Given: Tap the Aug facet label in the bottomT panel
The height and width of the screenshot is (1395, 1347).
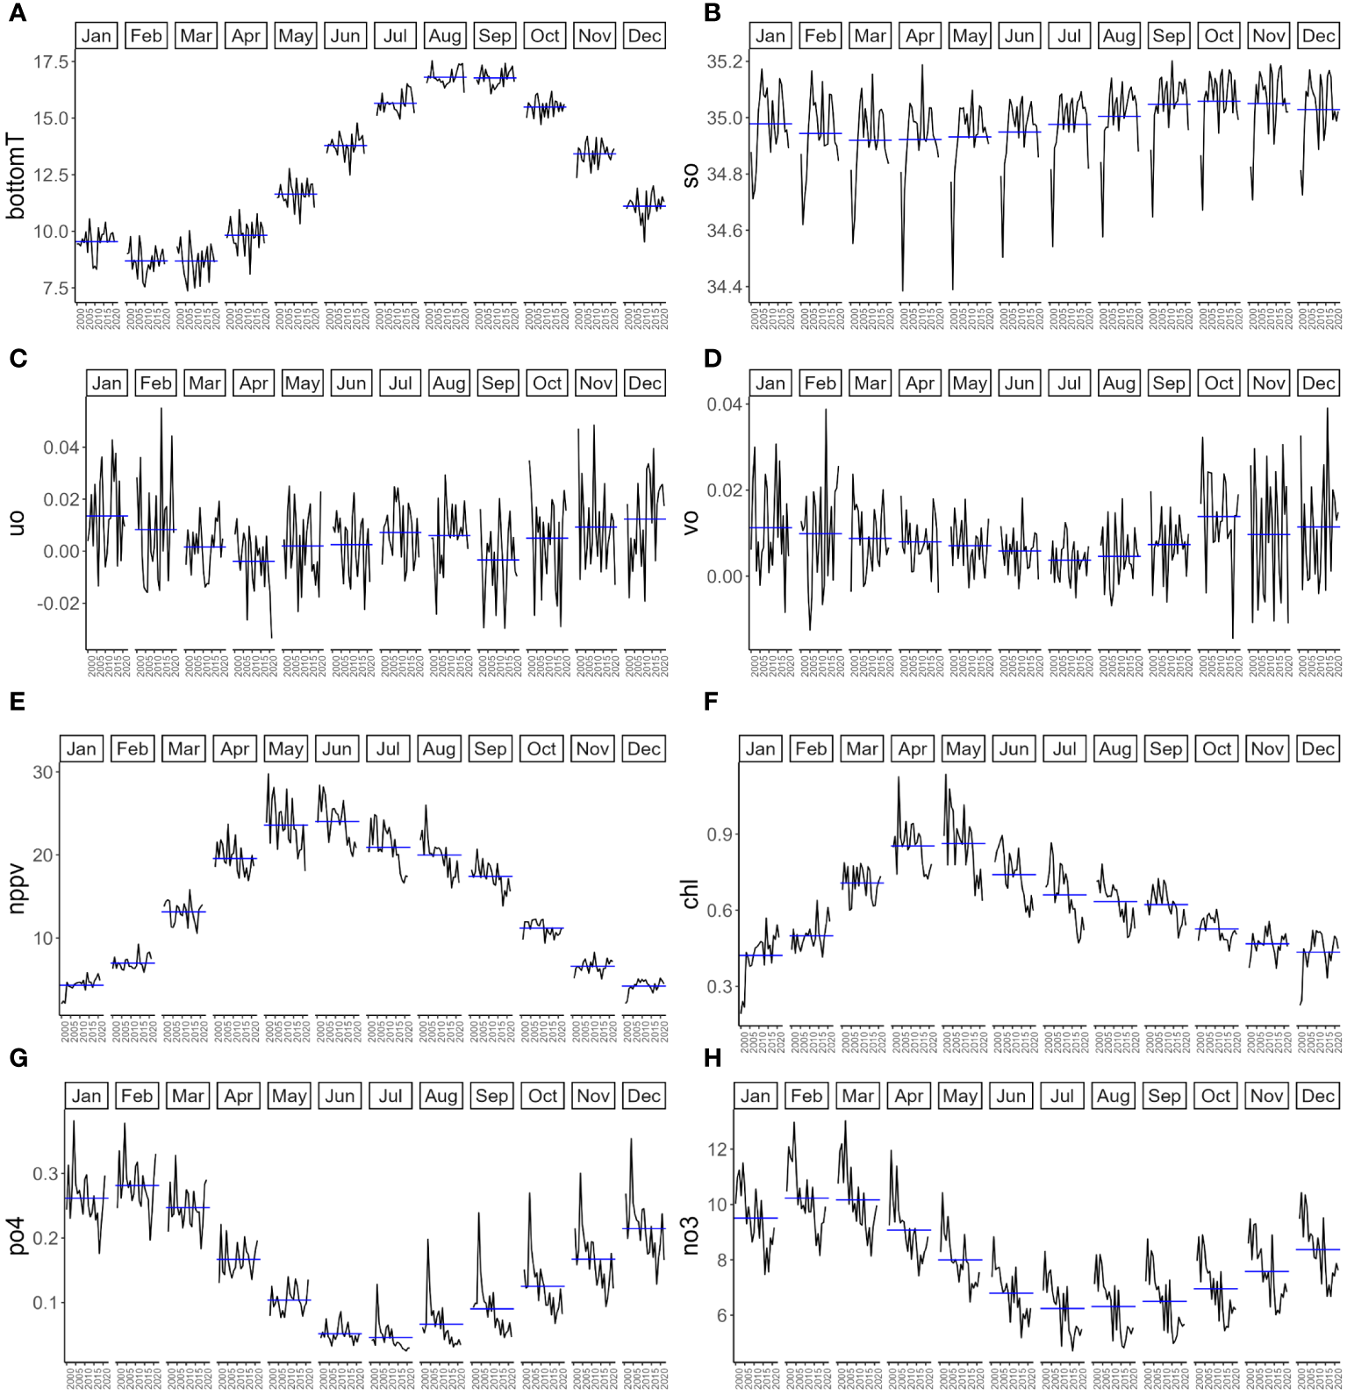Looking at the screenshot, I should pyautogui.click(x=445, y=36).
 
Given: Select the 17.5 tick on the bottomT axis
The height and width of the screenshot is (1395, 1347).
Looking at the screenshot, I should pyautogui.click(x=51, y=61).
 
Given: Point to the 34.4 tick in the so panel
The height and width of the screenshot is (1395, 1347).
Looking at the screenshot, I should pyautogui.click(x=725, y=288).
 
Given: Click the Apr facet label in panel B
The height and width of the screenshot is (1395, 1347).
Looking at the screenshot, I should pyautogui.click(x=920, y=36).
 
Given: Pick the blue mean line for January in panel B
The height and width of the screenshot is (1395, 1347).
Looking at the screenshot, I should pyautogui.click(x=770, y=124).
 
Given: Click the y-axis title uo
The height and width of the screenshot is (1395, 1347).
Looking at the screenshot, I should pyautogui.click(x=16, y=524).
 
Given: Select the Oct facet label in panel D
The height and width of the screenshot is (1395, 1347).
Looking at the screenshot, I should pyautogui.click(x=1219, y=383).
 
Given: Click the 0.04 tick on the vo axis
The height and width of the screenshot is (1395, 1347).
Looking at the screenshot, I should pyautogui.click(x=725, y=404).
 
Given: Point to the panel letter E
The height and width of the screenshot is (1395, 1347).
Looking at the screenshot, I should pyautogui.click(x=16, y=702).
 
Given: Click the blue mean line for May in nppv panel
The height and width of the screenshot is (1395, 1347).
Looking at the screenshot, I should pyautogui.click(x=286, y=825).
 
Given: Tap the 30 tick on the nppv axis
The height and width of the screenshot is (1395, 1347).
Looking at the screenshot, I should pyautogui.click(x=43, y=773).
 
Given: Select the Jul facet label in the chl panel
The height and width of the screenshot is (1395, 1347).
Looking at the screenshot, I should pyautogui.click(x=1064, y=749).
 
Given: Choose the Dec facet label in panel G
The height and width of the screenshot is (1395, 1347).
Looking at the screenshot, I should pyautogui.click(x=643, y=1096).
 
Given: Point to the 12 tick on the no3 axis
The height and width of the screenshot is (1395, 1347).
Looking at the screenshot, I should pyautogui.click(x=718, y=1149).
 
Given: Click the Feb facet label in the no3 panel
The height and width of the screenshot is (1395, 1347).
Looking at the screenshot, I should pyautogui.click(x=806, y=1096).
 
